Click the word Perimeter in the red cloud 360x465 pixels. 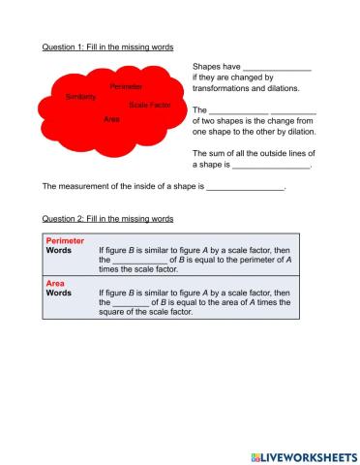(x=127, y=86)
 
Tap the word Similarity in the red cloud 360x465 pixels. (x=80, y=97)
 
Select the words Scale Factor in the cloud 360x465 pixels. (x=149, y=105)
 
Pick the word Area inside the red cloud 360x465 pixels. (x=111, y=119)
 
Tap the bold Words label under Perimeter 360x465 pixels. (x=59, y=250)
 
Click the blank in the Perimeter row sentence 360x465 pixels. (x=140, y=260)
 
